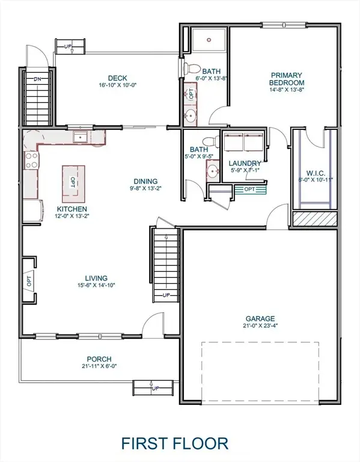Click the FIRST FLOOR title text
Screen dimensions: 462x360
pyautogui.click(x=175, y=444)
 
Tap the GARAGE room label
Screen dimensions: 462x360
pyautogui.click(x=260, y=318)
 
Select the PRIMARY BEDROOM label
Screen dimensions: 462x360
pyautogui.click(x=285, y=79)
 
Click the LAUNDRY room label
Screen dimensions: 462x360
pyautogui.click(x=245, y=163)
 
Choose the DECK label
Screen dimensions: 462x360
pyautogui.click(x=117, y=78)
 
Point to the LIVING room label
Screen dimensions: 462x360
pyautogui.click(x=96, y=278)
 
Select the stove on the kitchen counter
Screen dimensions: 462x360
pyautogui.click(x=31, y=160)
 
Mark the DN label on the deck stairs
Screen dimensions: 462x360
pyautogui.click(x=37, y=78)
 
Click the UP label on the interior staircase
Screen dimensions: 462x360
pyautogui.click(x=167, y=295)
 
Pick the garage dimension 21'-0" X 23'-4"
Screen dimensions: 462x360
pyautogui.click(x=260, y=326)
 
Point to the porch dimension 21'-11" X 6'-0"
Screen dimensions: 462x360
pyautogui.click(x=99, y=366)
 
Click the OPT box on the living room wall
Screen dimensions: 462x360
pyautogui.click(x=28, y=279)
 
